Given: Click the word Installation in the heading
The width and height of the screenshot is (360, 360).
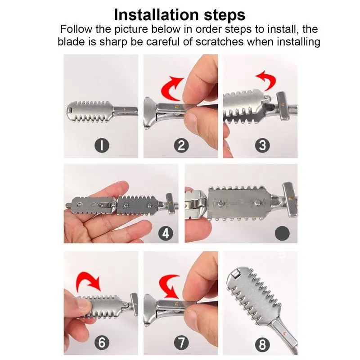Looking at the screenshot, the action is tap(156, 15).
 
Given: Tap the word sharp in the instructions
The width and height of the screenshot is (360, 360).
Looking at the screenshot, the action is tap(113, 42).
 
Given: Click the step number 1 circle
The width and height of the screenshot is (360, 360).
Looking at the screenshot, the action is tap(102, 145).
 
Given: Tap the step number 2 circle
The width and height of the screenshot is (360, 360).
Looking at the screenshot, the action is tap(181, 145).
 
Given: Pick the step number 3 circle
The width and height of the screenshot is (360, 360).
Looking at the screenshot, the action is tap(262, 145).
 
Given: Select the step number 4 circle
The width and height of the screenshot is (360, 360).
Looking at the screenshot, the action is tap(166, 234).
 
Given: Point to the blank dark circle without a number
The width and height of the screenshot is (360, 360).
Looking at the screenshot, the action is tap(282, 233).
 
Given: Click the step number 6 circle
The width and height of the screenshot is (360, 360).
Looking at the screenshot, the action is tap(102, 343).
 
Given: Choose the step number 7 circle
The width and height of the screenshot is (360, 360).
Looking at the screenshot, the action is tap(181, 343).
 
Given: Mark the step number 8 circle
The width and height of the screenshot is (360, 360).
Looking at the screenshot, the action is tap(262, 344).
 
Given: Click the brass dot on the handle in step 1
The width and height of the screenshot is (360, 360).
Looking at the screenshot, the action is tap(125, 109).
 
